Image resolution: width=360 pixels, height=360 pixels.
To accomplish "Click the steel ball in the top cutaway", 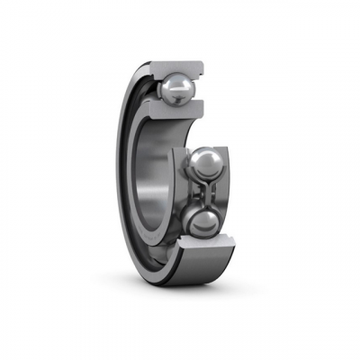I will click(175, 87).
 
